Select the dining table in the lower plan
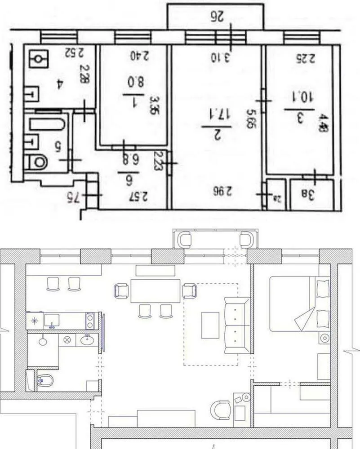156,291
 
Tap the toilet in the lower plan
45,381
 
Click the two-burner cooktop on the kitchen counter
90,321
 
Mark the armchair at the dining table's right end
190,291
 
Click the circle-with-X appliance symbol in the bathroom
68,340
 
